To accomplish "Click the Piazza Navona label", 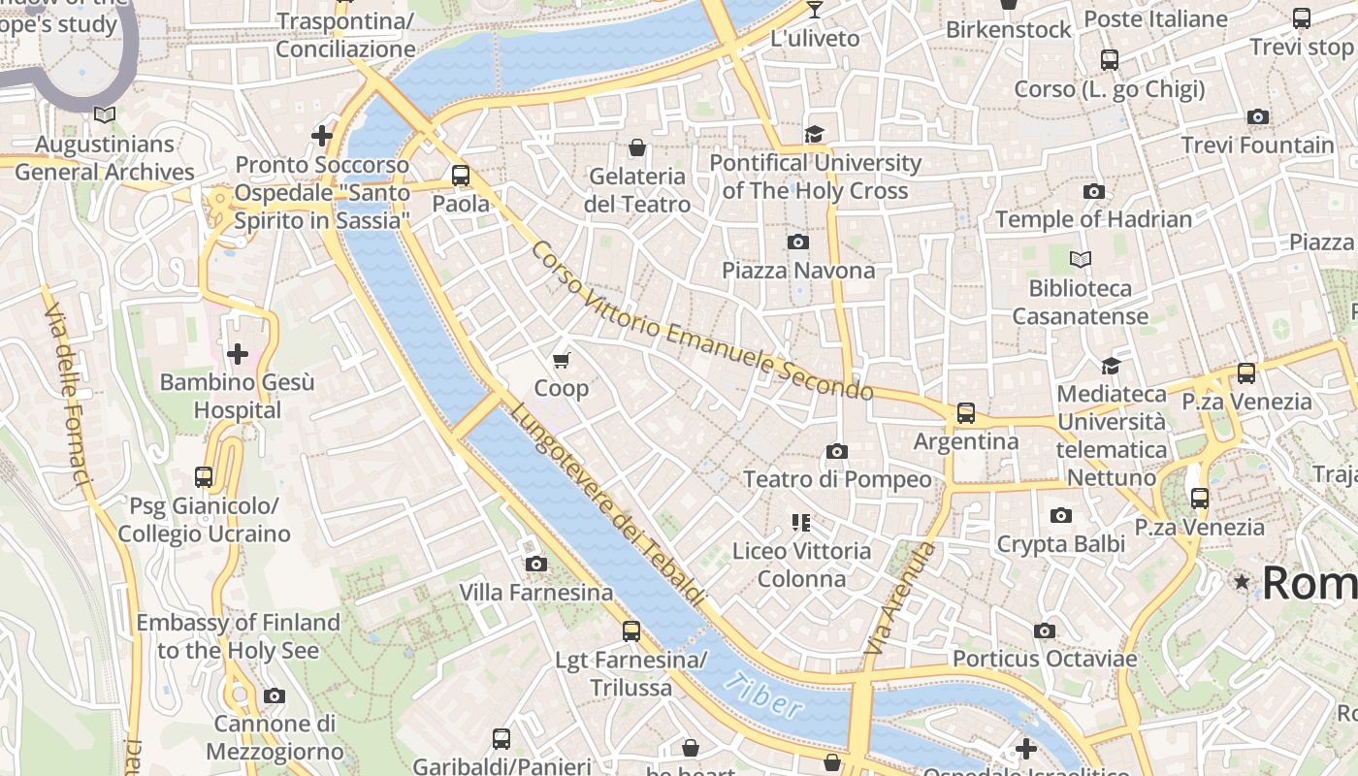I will [798, 271].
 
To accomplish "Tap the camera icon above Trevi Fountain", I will [1257, 117].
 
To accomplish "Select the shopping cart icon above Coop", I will [561, 361].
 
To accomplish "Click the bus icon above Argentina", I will [966, 413].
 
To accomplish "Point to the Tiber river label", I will [764, 696].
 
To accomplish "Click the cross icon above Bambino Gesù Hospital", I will [237, 354].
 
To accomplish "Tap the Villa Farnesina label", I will [535, 593].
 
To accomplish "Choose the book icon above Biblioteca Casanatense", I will [1080, 260].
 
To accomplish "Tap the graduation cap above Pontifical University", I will [814, 134].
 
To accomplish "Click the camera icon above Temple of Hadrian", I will [1093, 191].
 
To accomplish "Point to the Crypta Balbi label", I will [1061, 544].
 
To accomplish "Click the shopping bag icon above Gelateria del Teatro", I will [637, 147].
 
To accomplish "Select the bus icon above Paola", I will [461, 176].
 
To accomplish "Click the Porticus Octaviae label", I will [1044, 659].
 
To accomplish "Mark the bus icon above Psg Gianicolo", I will [203, 476].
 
